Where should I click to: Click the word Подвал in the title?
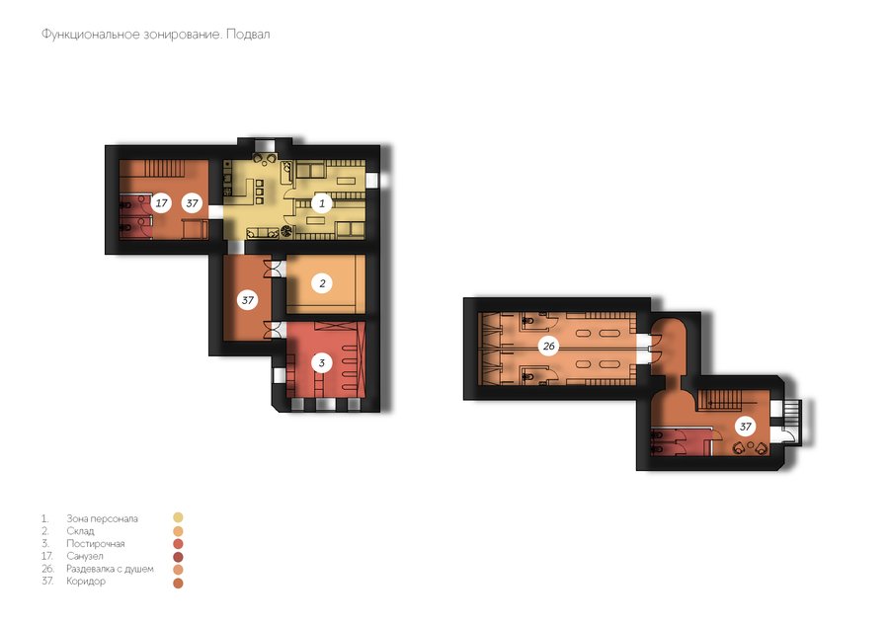248,35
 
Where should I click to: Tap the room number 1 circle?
322,202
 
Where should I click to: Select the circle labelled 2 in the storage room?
323,283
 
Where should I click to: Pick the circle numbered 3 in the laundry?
322,362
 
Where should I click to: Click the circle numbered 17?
162,202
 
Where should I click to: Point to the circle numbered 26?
548,346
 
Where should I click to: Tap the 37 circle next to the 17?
193,202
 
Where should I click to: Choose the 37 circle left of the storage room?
248,300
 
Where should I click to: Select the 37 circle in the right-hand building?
746,427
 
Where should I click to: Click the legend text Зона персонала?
102,518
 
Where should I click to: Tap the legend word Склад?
80,531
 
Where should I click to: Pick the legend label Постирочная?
95,543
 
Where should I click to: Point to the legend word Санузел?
85,556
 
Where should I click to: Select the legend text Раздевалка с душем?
110,569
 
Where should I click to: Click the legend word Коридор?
86,581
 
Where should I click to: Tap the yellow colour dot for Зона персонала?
178,517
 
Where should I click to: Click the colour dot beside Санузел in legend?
178,557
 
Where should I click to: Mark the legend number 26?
47,569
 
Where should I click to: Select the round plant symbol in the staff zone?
285,231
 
